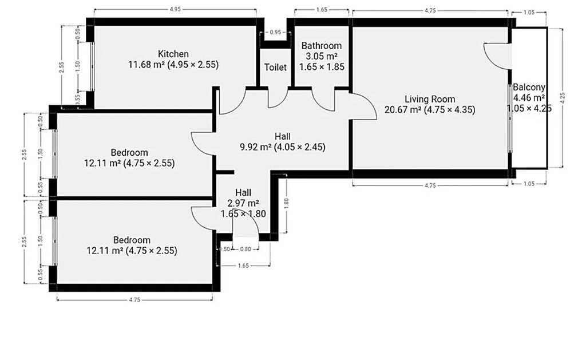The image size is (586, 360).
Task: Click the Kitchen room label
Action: [173, 54]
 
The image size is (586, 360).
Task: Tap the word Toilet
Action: [275, 68]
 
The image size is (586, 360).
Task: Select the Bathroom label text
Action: [322, 46]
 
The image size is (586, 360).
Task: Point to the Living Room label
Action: [430, 99]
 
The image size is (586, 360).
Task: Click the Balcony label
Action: [529, 88]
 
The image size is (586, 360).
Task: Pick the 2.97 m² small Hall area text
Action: [243, 203]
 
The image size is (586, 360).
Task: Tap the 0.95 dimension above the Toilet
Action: [275, 33]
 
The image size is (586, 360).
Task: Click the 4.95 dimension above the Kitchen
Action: [175, 9]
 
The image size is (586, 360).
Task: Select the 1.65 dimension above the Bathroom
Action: [322, 10]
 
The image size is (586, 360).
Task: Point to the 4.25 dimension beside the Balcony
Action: [563, 98]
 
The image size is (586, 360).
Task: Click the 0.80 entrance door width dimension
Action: [246, 250]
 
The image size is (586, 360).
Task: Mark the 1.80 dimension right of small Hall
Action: [286, 203]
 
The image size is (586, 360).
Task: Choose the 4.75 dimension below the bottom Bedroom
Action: [134, 299]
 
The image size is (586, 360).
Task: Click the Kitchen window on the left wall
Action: [92, 66]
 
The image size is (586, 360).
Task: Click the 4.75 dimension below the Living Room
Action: [430, 185]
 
